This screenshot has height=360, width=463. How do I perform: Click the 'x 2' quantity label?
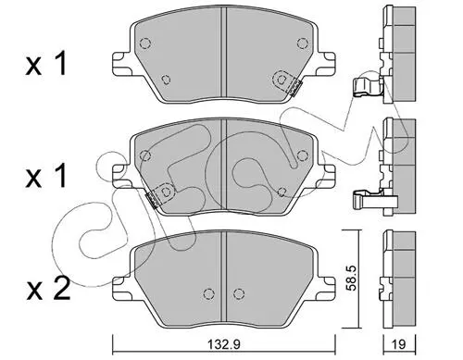pos(48,289)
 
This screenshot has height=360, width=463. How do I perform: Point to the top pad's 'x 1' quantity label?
pos(46,64)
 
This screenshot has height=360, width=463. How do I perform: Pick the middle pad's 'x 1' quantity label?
pos(46,176)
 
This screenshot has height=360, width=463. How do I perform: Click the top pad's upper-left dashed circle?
pos(145,43)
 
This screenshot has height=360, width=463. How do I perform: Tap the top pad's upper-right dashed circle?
pos(303,43)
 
